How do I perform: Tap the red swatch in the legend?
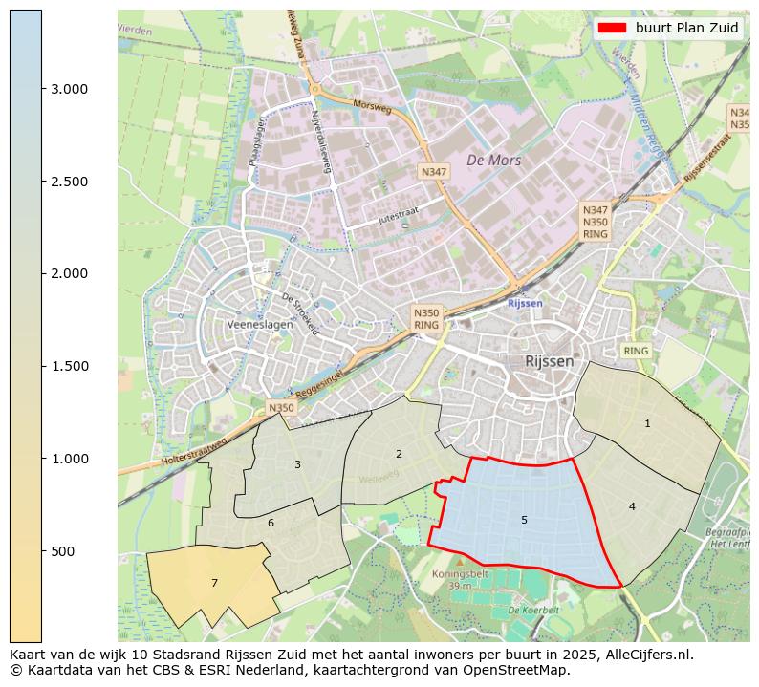(x=612, y=28)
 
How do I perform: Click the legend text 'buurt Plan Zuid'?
(x=686, y=28)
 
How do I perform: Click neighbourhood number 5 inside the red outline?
(x=524, y=520)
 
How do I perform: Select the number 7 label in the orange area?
(x=214, y=583)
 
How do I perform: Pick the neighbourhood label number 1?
(x=647, y=423)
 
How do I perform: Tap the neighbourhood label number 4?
(x=632, y=506)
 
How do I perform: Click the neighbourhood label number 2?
(x=399, y=454)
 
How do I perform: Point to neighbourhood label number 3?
(x=297, y=464)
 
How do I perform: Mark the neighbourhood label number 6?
(x=271, y=523)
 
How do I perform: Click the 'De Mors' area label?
(x=493, y=161)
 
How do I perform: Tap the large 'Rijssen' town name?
(x=550, y=361)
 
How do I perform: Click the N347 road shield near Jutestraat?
(x=433, y=171)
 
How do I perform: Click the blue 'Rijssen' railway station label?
(x=524, y=303)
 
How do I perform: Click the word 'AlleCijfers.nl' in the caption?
(x=646, y=655)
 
